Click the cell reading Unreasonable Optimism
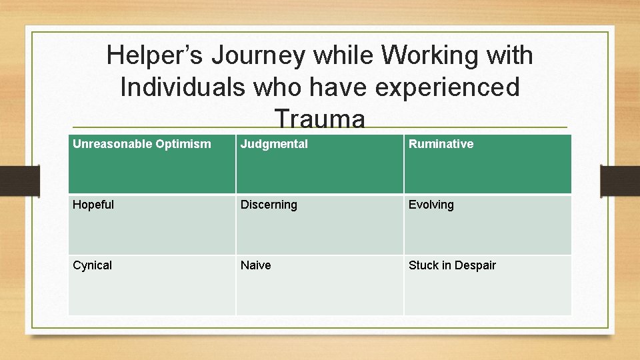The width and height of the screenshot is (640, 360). (x=152, y=164)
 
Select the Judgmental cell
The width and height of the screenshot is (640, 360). (x=319, y=164)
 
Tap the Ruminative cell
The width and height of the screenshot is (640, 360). (x=487, y=164)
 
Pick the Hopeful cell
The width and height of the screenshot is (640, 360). (x=152, y=225)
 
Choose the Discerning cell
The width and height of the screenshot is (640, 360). (x=319, y=225)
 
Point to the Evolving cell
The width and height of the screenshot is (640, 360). (x=487, y=225)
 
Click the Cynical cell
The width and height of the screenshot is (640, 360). (x=152, y=285)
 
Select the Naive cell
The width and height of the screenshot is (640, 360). (x=319, y=285)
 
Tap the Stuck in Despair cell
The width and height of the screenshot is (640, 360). (x=487, y=285)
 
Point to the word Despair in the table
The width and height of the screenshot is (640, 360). (x=475, y=265)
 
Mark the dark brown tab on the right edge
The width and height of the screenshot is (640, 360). (x=620, y=180)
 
